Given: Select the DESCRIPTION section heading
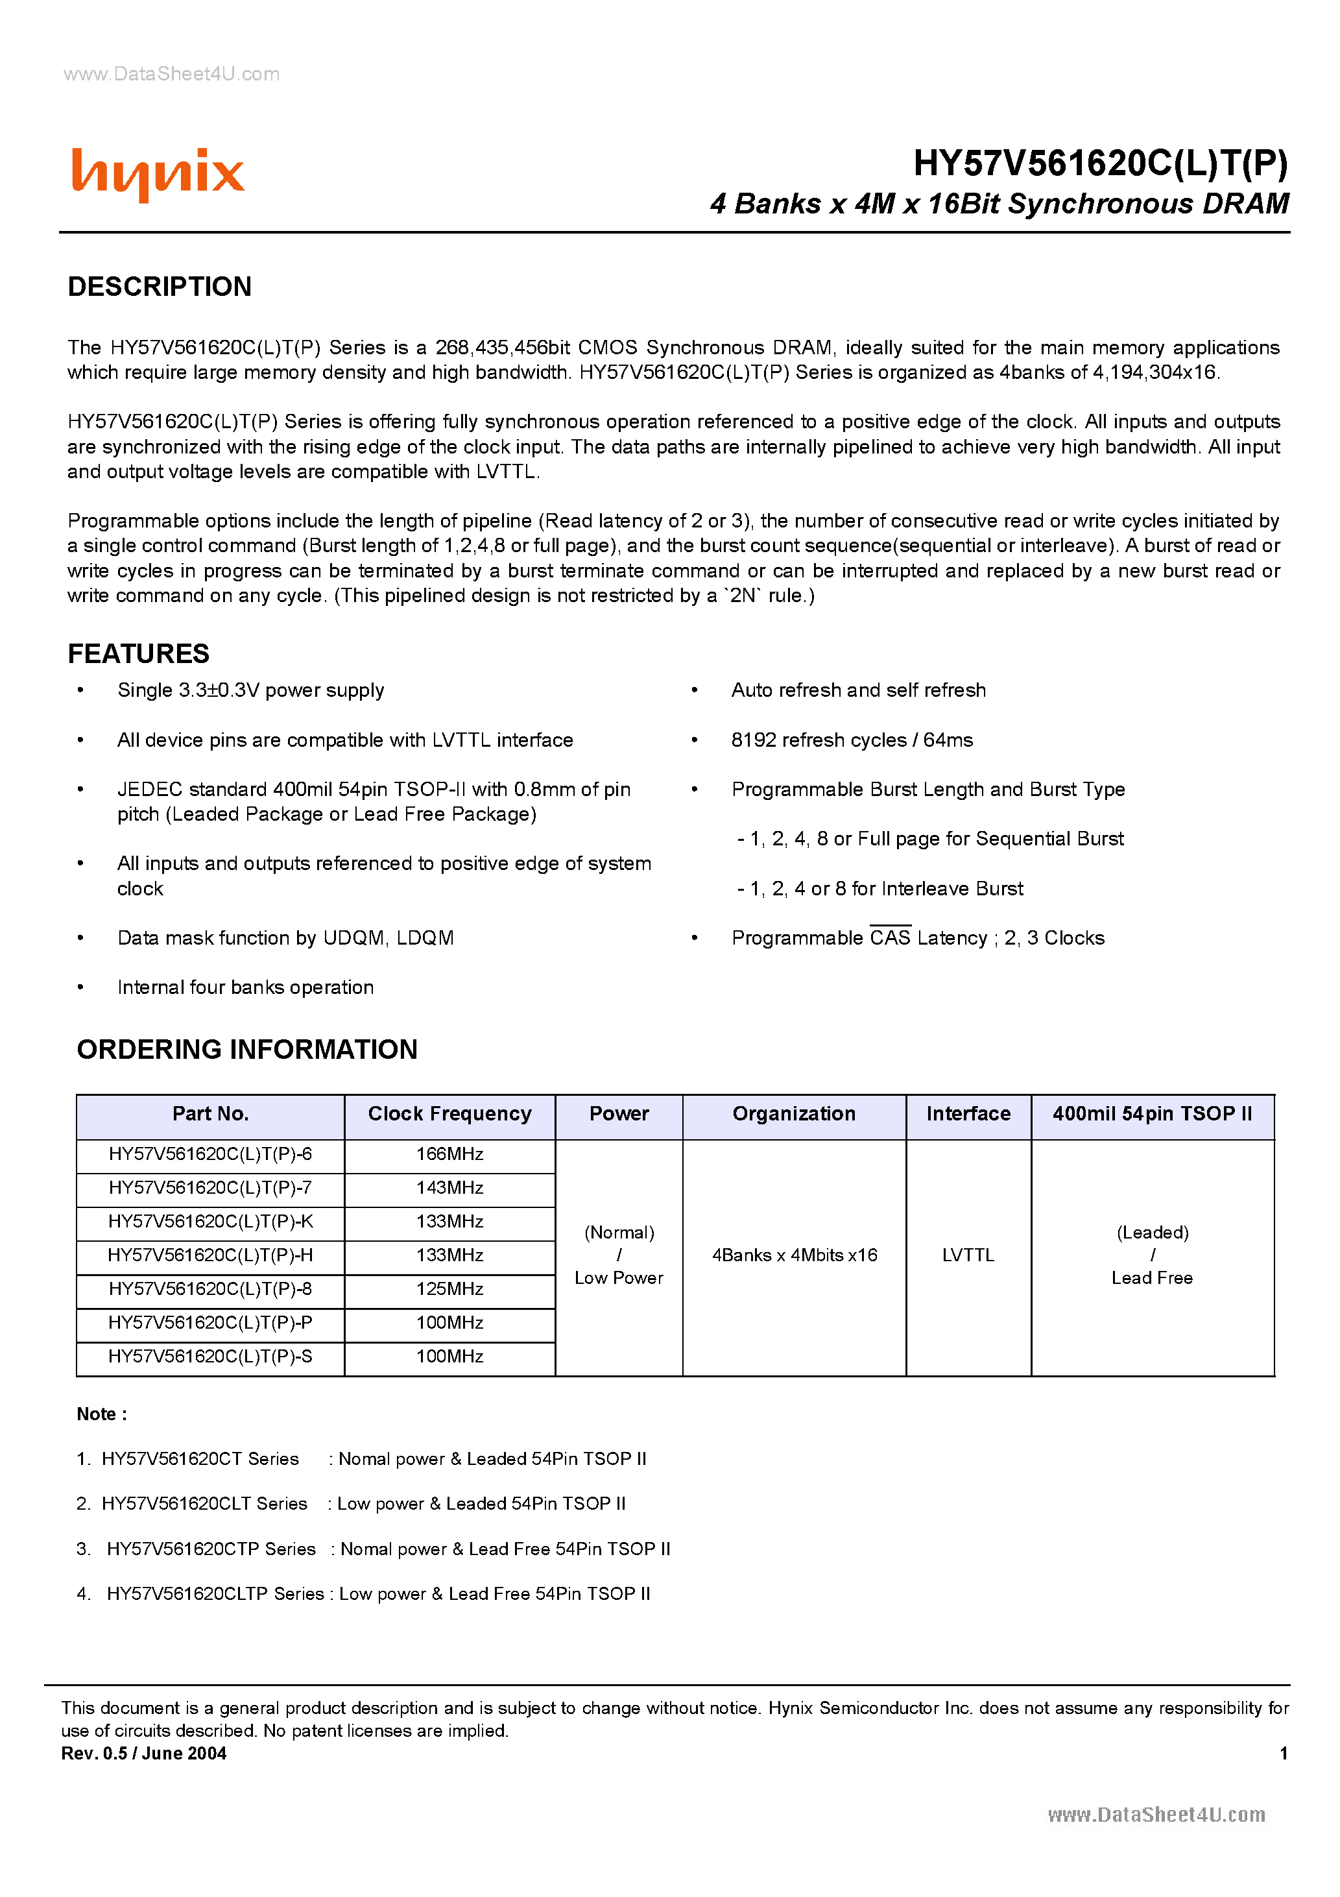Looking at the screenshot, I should pyautogui.click(x=160, y=287).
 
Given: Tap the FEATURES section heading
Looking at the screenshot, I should pyautogui.click(x=138, y=653).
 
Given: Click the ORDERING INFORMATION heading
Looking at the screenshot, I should pyautogui.click(x=247, y=1049).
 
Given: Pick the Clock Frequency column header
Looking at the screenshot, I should pyautogui.click(x=449, y=1114).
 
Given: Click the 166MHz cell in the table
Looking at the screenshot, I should pyautogui.click(x=449, y=1154).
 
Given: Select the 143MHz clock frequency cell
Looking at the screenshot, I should pyautogui.click(x=449, y=1188).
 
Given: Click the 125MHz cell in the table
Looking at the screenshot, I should pyautogui.click(x=449, y=1289).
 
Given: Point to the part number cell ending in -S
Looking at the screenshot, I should pyautogui.click(x=211, y=1357).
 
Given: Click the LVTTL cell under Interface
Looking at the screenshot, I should pyautogui.click(x=968, y=1255).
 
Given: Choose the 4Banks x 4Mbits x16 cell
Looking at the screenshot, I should pyautogui.click(x=794, y=1255).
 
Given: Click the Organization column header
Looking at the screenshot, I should pyautogui.click(x=794, y=1114).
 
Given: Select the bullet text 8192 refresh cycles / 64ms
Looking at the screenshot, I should pyautogui.click(x=852, y=740).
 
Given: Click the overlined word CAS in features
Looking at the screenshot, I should pyautogui.click(x=890, y=937).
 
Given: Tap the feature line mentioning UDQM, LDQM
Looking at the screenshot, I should pyautogui.click(x=285, y=937).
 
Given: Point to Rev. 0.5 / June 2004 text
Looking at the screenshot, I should pyautogui.click(x=144, y=1753).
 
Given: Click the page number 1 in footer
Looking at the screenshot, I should pyautogui.click(x=1283, y=1753).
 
